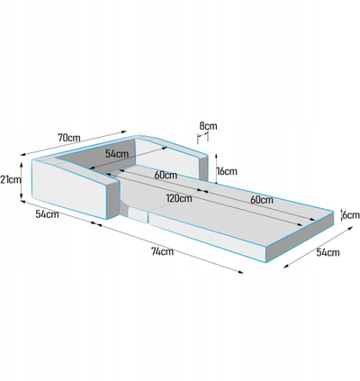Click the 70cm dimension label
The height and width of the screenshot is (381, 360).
pyautogui.click(x=69, y=138)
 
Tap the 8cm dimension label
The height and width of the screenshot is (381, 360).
pyautogui.click(x=208, y=125)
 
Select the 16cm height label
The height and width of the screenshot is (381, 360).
pyautogui.click(x=227, y=171)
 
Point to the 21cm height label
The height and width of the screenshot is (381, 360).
pyautogui.click(x=11, y=179)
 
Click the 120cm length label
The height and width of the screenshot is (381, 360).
pyautogui.click(x=179, y=198)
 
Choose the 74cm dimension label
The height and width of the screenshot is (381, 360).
pyautogui.click(x=162, y=251)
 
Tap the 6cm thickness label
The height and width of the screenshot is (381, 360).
pyautogui.click(x=351, y=215)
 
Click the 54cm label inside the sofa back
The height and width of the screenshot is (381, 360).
pyautogui.click(x=117, y=154)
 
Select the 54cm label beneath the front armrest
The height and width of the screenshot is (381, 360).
pyautogui.click(x=47, y=214)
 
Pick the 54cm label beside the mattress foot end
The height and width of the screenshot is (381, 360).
pyautogui.click(x=328, y=252)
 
